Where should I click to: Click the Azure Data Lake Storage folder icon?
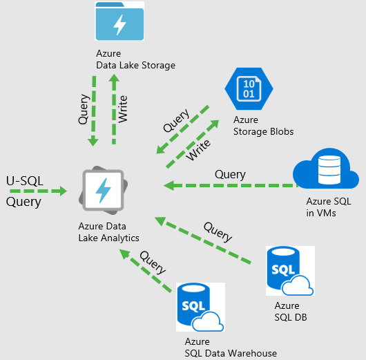coord(119,21)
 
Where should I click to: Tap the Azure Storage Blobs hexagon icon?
coord(249,88)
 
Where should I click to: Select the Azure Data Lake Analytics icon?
coord(104,191)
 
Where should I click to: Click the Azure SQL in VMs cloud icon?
coord(326,169)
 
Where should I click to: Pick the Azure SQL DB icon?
coord(290,271)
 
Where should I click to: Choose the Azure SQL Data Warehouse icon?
coord(200,307)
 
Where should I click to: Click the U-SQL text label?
coord(25,181)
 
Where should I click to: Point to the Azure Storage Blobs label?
coord(264,126)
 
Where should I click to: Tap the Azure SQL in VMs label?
coord(329,207)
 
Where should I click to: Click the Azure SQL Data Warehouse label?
coord(231,348)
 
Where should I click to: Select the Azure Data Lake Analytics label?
coord(109,232)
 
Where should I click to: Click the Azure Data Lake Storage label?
coord(135,59)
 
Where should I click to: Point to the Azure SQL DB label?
coord(291,312)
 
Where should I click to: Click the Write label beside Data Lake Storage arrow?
coord(123,109)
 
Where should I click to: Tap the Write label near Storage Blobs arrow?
coord(198,150)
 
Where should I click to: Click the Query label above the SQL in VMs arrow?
coord(230,175)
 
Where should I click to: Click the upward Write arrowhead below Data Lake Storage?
coord(114,78)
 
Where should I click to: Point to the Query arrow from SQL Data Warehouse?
coord(145,271)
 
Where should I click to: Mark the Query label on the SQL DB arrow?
coord(218,232)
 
